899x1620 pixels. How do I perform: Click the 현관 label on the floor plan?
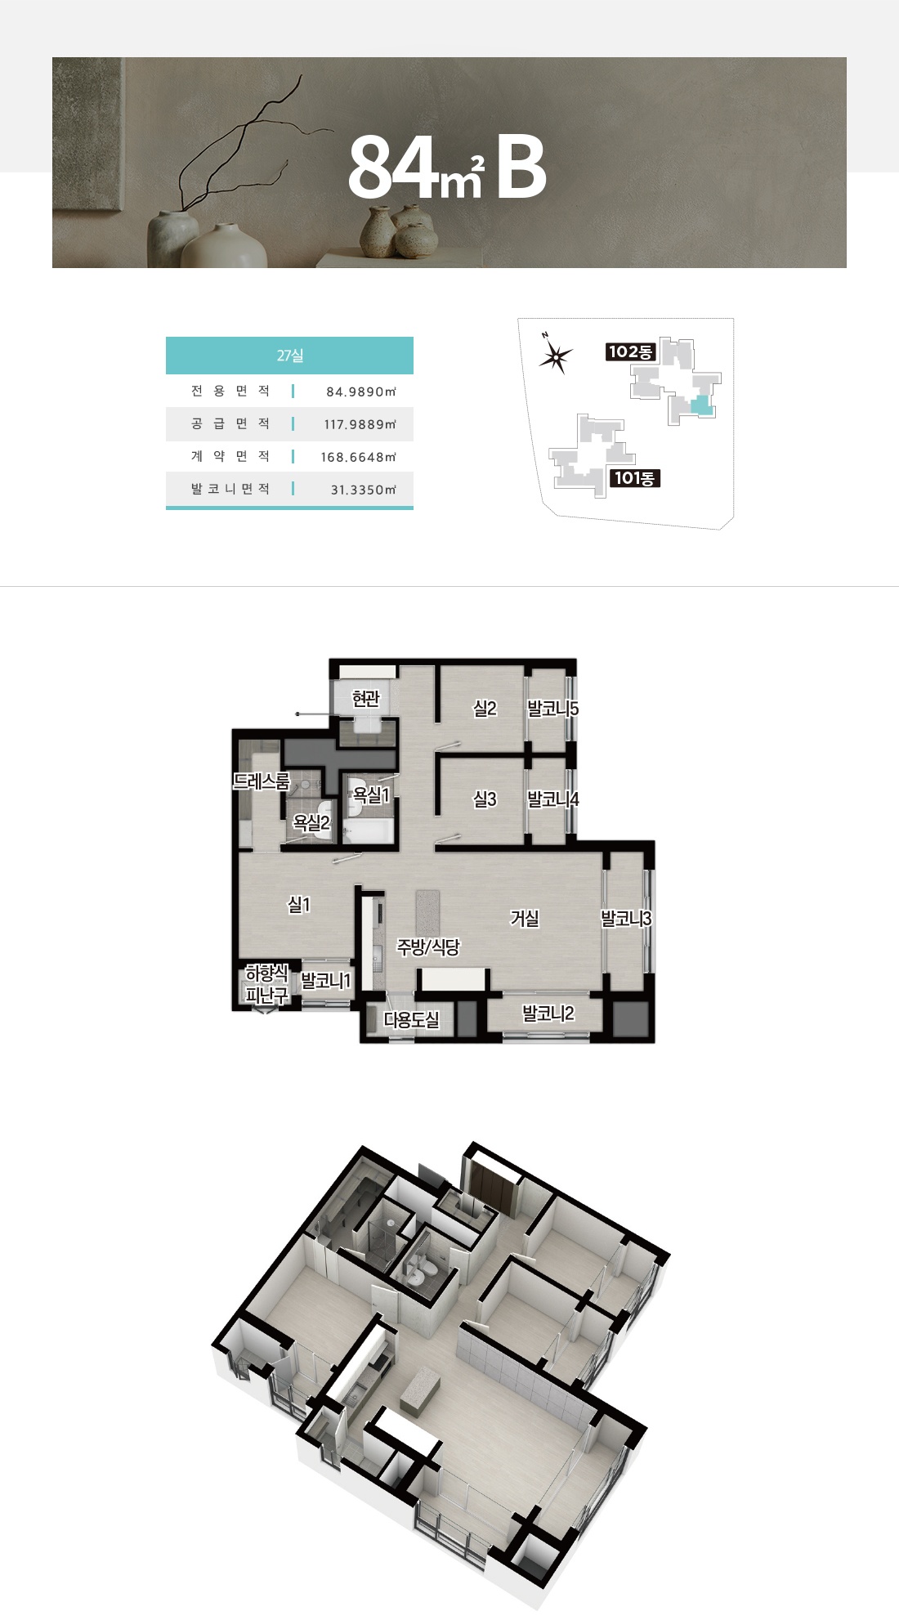click(366, 699)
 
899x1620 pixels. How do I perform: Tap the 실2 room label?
click(485, 709)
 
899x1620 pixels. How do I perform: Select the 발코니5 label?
click(553, 709)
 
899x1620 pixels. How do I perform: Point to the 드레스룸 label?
click(262, 781)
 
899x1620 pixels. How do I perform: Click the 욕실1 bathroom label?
click(371, 794)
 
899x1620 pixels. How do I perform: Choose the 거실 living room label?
click(525, 919)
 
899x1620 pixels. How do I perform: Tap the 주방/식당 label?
click(428, 947)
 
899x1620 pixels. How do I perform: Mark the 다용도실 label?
click(412, 1020)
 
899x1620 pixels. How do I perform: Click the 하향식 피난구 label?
click(267, 984)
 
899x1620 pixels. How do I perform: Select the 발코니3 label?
click(627, 919)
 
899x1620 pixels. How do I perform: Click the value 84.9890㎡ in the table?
click(361, 392)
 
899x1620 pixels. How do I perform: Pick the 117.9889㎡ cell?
click(360, 424)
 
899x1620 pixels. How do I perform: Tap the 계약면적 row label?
click(230, 456)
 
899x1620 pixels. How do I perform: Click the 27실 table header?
click(289, 356)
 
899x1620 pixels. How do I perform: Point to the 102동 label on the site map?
click(630, 351)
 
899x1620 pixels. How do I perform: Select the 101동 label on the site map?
click(635, 478)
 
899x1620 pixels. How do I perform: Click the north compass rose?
click(556, 356)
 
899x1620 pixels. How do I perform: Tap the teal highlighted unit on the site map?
click(701, 406)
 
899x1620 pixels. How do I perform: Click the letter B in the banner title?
click(521, 168)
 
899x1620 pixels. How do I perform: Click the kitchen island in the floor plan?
click(427, 914)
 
